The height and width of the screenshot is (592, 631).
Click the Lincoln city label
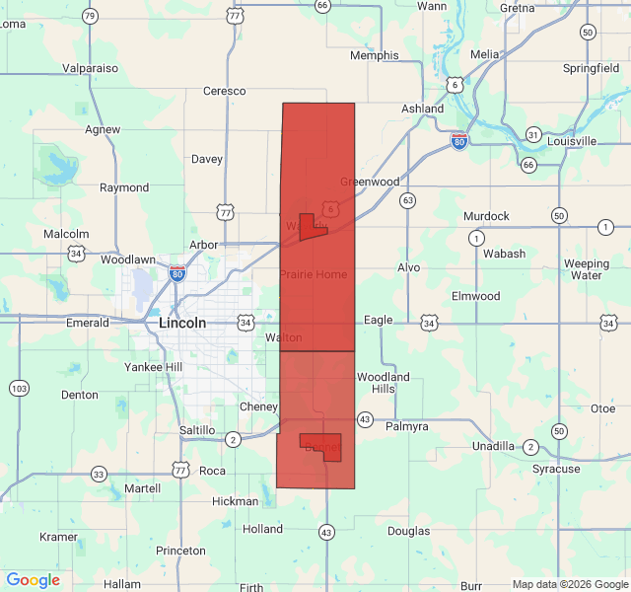tap(182, 323)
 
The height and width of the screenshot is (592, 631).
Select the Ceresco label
tap(224, 91)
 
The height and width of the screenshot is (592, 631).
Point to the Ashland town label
tap(423, 109)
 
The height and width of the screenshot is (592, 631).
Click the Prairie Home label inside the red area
tap(314, 273)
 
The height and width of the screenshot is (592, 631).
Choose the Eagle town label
tap(379, 320)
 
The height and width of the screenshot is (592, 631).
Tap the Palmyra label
tap(407, 427)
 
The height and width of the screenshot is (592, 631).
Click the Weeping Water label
tap(587, 269)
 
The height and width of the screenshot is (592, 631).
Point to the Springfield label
tap(592, 68)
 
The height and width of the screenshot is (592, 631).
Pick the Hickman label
tap(235, 501)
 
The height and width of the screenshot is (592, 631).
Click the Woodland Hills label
tap(383, 383)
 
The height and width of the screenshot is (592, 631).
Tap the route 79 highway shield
tap(90, 16)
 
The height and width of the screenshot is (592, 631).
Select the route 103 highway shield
tap(19, 388)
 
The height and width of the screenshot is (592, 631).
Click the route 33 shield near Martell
tap(99, 475)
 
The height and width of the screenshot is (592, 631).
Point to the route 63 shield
tap(407, 200)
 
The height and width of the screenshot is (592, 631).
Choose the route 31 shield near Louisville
tap(532, 134)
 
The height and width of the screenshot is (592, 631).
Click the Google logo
tap(33, 580)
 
